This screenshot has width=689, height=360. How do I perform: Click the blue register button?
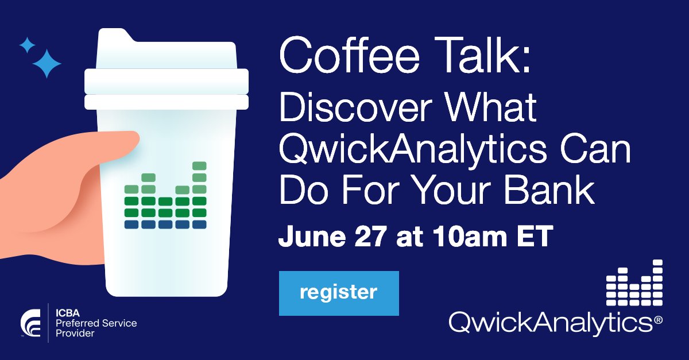338,293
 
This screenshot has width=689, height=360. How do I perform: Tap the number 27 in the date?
371,237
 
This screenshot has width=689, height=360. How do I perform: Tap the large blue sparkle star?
47,63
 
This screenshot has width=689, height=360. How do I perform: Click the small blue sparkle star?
26,45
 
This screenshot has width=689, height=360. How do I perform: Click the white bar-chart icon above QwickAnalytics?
634,282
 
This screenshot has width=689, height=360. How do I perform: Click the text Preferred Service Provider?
95,328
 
